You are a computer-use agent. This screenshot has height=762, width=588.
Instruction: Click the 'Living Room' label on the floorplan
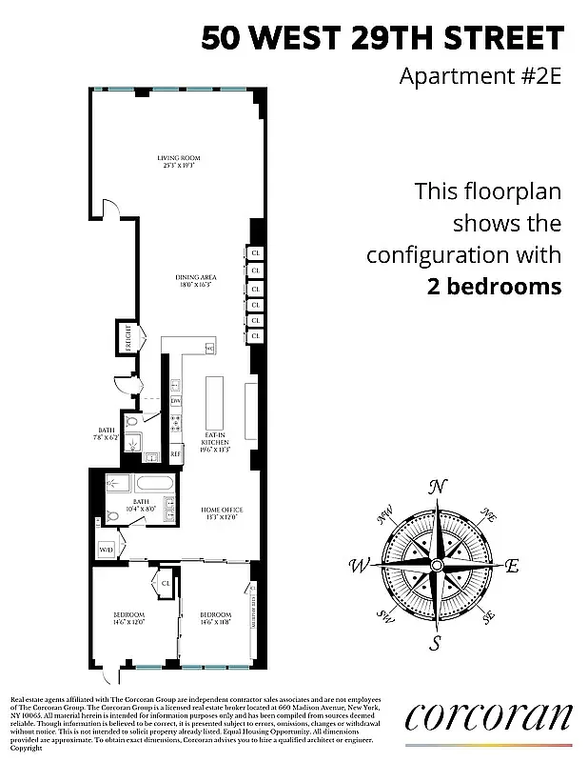click(179, 161)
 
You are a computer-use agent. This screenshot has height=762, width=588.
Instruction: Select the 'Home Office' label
click(217, 513)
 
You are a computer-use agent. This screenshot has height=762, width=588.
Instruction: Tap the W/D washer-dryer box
click(105, 550)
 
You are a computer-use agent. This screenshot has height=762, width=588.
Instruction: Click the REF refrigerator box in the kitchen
click(176, 455)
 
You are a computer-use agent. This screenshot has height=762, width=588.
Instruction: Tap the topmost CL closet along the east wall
click(256, 253)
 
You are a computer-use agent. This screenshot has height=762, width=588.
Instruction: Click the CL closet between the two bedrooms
click(166, 583)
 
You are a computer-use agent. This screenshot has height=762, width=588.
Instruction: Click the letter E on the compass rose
click(511, 566)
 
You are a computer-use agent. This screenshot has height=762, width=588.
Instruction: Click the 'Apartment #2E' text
click(480, 75)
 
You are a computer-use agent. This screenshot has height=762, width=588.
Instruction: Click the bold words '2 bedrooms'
click(489, 286)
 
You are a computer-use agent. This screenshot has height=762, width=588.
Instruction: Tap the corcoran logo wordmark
click(488, 716)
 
